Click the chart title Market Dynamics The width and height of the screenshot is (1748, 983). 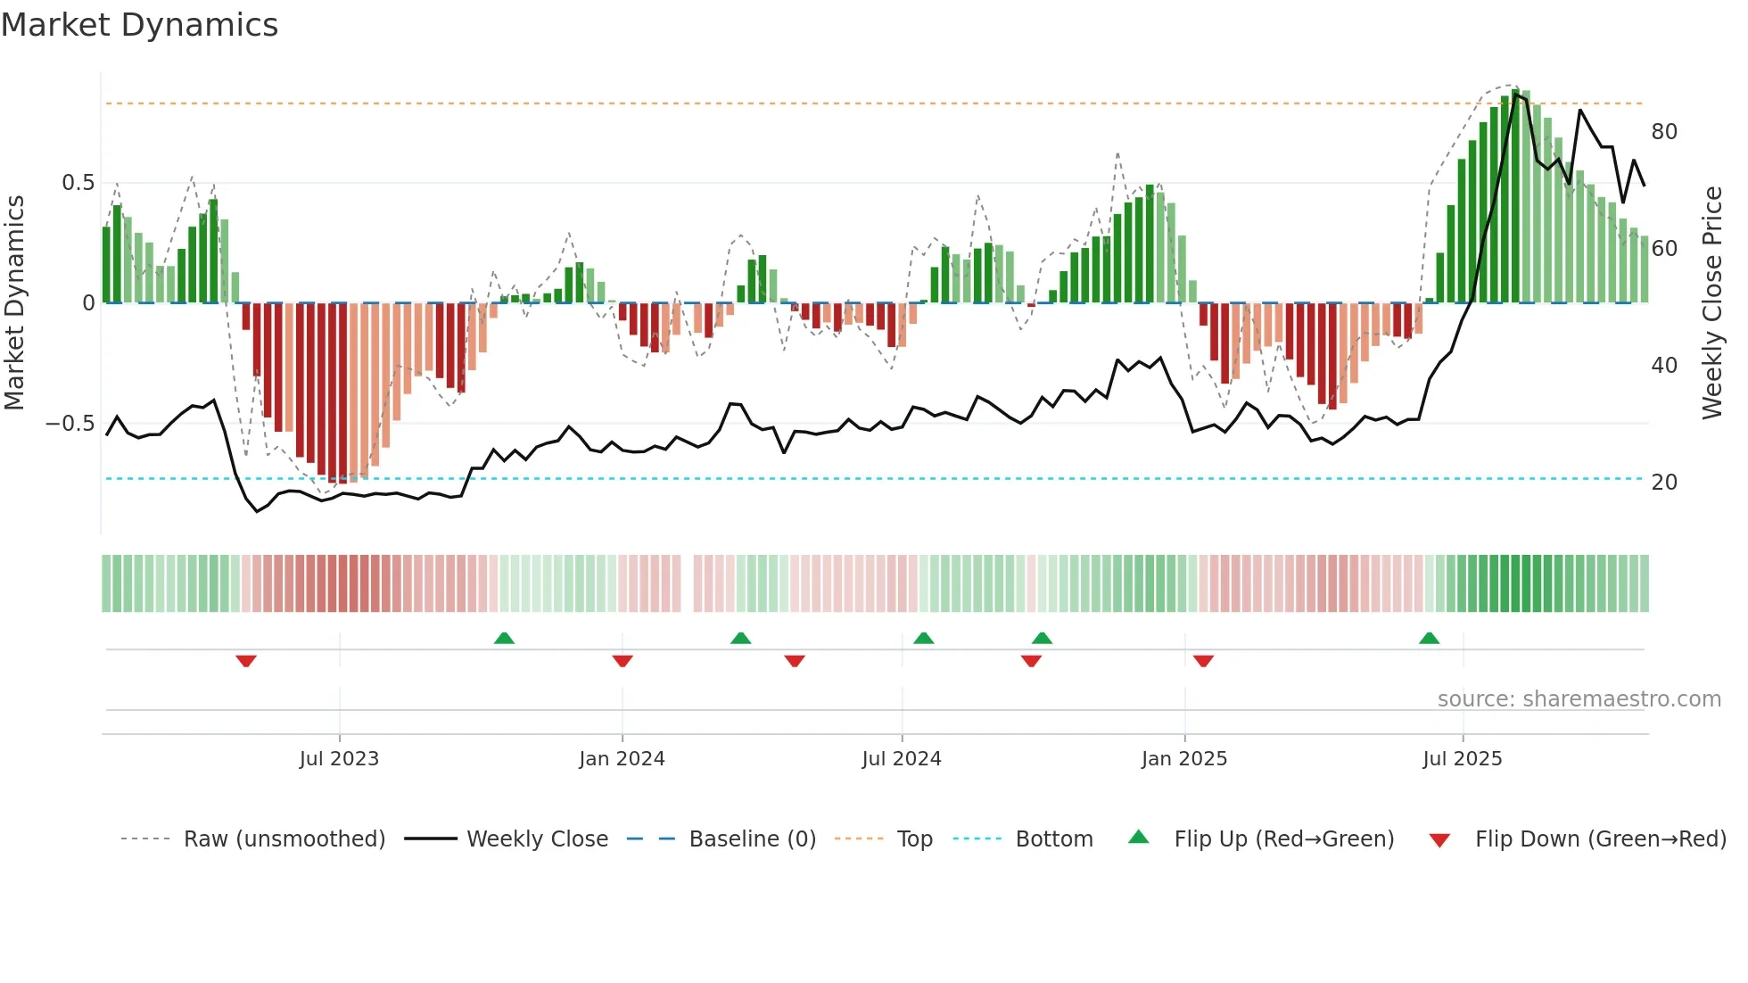click(139, 25)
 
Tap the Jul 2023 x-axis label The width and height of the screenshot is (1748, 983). click(339, 759)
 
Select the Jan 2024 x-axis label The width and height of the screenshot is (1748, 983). click(622, 759)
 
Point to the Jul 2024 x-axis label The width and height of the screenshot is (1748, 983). click(902, 759)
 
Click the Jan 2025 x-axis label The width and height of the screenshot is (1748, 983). click(1184, 759)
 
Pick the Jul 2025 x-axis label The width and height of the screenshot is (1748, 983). click(1463, 759)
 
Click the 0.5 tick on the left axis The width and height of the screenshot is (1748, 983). click(78, 183)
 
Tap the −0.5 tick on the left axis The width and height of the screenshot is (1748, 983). click(70, 424)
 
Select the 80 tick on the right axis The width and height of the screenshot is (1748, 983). click(1664, 132)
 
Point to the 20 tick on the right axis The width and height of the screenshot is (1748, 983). click(1664, 483)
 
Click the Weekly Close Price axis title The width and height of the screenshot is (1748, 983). click(1712, 303)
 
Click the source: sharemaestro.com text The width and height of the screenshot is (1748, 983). click(1579, 699)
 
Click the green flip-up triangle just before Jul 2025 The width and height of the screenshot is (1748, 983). click(1429, 639)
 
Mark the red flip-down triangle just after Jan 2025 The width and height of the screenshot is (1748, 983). click(1203, 661)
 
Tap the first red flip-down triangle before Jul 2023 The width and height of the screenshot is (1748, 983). click(246, 661)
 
